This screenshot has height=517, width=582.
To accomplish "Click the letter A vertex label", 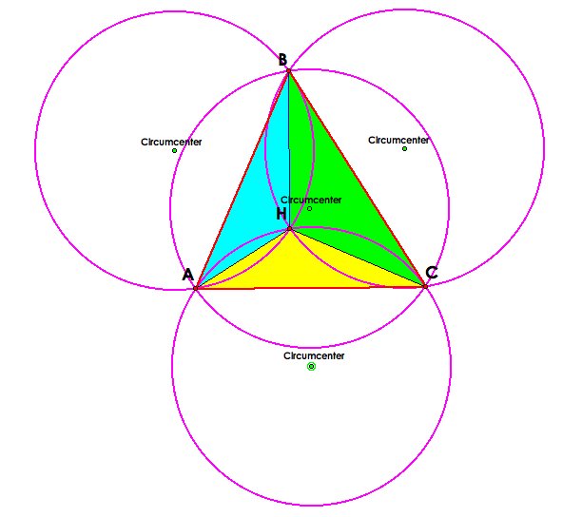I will click(x=188, y=275).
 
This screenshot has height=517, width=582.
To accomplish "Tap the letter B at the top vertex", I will click(x=283, y=60).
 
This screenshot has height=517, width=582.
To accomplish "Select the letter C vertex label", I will click(x=432, y=273).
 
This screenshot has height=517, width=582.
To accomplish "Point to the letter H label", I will click(x=281, y=215).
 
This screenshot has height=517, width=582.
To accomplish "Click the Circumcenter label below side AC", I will click(x=314, y=355).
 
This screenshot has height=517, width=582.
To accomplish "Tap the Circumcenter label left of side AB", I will click(x=171, y=142).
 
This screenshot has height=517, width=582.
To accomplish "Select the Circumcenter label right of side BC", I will click(x=398, y=140).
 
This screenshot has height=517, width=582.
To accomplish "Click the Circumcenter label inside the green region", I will click(x=311, y=200).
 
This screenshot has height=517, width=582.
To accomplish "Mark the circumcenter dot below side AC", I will click(x=311, y=366).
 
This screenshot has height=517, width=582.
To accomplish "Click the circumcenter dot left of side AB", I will click(x=174, y=150).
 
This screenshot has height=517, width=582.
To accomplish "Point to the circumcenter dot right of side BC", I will click(x=404, y=148).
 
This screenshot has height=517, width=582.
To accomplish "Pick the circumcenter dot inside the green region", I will click(x=309, y=208).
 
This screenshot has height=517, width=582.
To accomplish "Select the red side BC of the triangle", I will click(x=357, y=178).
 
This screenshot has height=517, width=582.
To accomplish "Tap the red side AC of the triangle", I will click(x=310, y=286).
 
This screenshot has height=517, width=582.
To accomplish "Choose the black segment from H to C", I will click(x=357, y=257).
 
